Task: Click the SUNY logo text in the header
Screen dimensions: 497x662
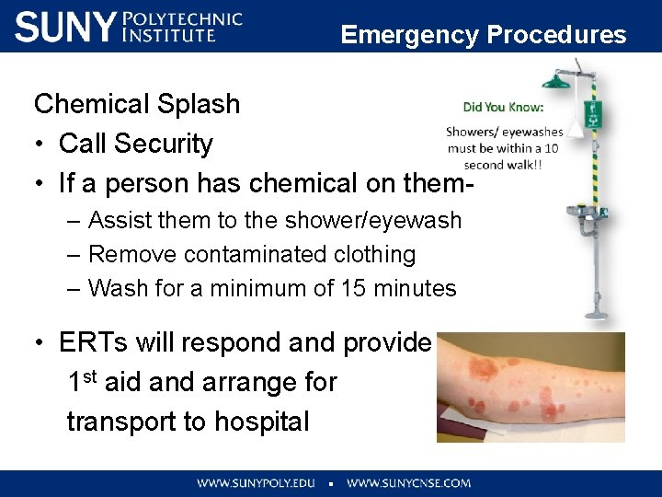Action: click(x=66, y=27)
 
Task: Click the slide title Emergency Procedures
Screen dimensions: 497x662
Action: click(x=483, y=35)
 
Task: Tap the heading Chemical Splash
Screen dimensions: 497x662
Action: click(x=137, y=104)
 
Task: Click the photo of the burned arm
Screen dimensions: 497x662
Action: click(x=530, y=387)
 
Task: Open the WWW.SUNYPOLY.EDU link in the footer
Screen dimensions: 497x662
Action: click(x=256, y=482)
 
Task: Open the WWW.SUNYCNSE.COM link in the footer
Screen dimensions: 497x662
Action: click(x=408, y=482)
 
